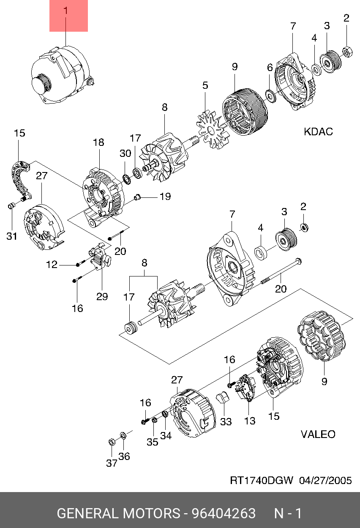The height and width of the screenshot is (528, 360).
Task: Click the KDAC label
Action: pos(318,131)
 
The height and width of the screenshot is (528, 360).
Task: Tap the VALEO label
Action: pos(318,434)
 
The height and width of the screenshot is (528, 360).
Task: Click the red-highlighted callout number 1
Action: pos(66,11)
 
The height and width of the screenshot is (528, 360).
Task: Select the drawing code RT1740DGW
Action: pos(262,480)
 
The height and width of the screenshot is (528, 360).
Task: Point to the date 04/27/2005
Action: pos(325,480)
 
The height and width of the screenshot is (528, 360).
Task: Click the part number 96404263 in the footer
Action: pos(224,513)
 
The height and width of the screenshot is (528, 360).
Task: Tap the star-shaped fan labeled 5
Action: pos(213,130)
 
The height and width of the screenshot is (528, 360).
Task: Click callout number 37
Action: pos(112,463)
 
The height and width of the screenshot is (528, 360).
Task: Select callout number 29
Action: pos(102,296)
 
